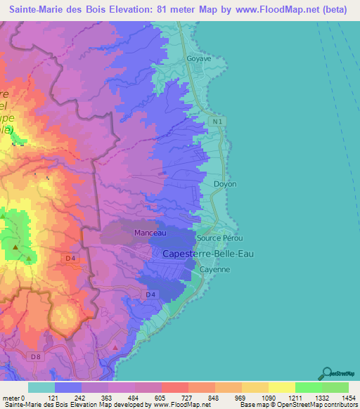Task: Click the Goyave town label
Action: [x=199, y=60]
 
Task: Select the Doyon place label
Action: [x=225, y=183]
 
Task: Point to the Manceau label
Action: [x=150, y=233]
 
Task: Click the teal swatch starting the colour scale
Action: [x=41, y=387]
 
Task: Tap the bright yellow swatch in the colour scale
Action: [x=281, y=387]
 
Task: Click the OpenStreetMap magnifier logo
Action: [x=326, y=373]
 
